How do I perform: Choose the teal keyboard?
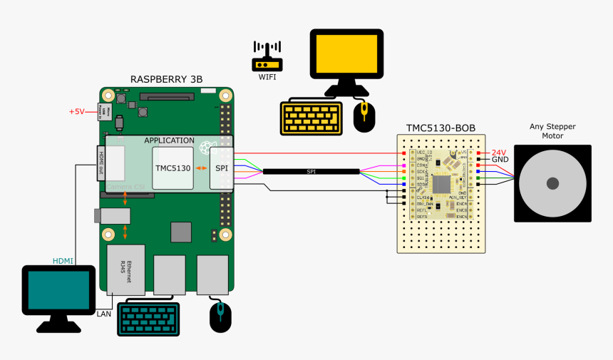coord(148,318)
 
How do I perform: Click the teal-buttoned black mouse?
coord(220,317)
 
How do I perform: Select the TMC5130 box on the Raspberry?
coord(173,168)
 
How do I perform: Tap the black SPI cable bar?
coord(311,172)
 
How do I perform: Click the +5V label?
coord(76,112)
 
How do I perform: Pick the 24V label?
coord(499,153)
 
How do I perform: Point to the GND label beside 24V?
coord(500,160)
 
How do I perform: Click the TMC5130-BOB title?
coord(441,128)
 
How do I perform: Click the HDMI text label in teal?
coord(63,261)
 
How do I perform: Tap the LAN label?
coord(104,313)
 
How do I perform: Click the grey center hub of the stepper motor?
coord(552,183)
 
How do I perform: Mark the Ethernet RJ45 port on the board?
coord(125,270)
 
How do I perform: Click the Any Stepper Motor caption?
coord(552,131)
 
